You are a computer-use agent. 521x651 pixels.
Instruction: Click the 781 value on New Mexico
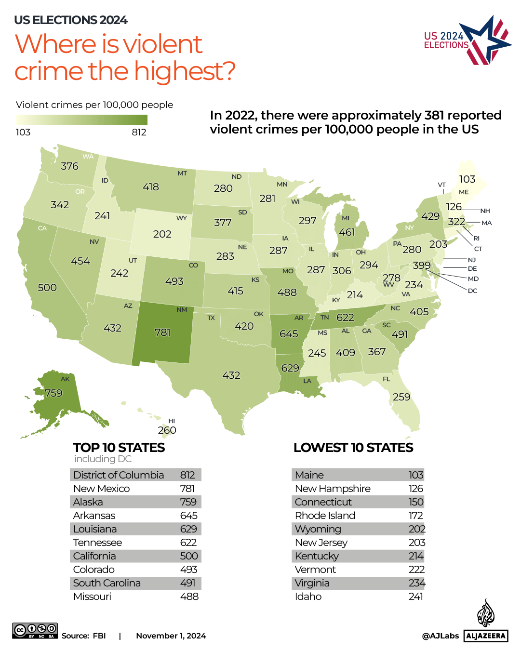coord(162,332)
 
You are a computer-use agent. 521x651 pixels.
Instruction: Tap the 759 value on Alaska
coord(53,393)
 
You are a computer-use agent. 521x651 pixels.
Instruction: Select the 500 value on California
coord(47,288)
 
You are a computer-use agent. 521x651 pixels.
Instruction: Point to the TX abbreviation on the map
coord(211,318)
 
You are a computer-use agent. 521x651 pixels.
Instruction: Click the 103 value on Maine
coord(467,179)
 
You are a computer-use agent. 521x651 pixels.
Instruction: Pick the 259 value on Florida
coord(401,397)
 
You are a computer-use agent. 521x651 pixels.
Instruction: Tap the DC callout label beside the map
coord(472,291)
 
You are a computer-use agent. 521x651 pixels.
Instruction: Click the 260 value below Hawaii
coord(167,430)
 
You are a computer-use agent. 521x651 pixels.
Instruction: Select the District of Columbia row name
coord(119,475)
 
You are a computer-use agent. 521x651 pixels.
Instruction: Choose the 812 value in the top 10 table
coord(187,475)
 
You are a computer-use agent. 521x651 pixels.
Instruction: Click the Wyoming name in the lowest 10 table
coord(318,529)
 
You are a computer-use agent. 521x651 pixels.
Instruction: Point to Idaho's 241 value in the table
coord(415,597)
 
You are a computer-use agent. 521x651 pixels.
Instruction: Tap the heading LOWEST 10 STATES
coord(353,448)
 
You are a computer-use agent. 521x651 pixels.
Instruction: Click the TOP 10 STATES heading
coord(119,448)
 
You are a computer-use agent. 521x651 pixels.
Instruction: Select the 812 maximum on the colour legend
coord(139,132)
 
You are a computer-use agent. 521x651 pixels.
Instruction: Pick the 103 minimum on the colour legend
coord(23,132)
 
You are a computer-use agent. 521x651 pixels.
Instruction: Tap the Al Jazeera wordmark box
coord(486,636)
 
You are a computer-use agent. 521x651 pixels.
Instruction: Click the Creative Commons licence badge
coord(35,630)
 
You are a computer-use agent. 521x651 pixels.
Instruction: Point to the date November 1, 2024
coord(171,636)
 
